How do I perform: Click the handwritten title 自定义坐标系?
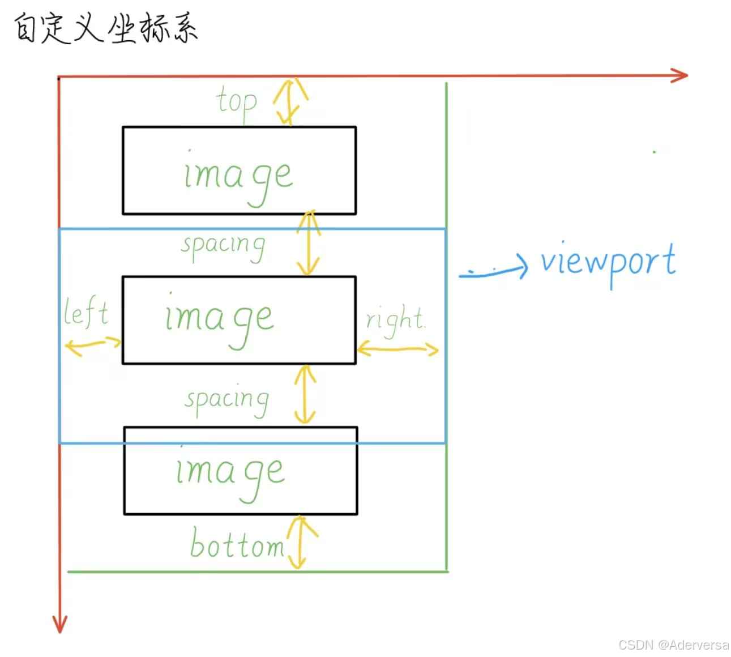point(105,28)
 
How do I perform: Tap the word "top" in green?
point(237,103)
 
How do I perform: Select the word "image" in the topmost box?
point(238,176)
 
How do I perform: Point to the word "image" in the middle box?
point(220,319)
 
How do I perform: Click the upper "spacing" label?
point(223,246)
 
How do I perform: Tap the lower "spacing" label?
point(226,400)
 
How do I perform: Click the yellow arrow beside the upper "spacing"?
point(309,243)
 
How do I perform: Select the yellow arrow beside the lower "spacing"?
point(305,395)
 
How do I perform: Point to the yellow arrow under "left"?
point(93,345)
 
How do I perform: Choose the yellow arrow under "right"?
point(397,349)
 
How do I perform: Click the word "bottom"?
point(237,544)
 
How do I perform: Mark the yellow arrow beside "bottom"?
point(300,543)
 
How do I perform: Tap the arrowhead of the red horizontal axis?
point(680,75)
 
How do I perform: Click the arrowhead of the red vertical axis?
point(59,624)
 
